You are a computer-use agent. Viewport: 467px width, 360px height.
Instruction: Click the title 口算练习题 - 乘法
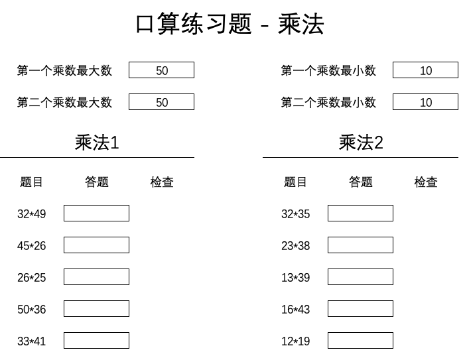(x=230, y=24)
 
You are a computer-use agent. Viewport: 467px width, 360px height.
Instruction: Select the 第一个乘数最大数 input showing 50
(x=161, y=70)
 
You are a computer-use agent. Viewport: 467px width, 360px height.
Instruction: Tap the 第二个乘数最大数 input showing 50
(x=161, y=102)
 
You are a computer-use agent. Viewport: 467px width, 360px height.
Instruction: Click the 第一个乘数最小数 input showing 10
(x=425, y=70)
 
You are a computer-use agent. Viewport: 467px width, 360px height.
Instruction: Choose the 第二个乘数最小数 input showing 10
(x=425, y=102)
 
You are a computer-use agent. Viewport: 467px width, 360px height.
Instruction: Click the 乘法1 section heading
(x=97, y=143)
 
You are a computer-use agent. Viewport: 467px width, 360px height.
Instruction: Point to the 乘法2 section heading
(x=361, y=143)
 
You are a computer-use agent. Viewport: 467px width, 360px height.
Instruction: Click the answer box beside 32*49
(x=96, y=213)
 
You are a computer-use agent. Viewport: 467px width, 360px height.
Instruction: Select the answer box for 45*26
(x=96, y=245)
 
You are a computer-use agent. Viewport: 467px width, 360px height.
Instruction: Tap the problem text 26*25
(x=32, y=278)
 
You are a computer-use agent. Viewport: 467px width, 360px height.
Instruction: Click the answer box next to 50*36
(x=96, y=309)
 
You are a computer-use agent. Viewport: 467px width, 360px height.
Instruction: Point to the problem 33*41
(x=32, y=341)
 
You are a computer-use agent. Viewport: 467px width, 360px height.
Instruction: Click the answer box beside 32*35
(x=360, y=213)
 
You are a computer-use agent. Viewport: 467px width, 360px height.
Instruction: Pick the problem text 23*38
(x=295, y=246)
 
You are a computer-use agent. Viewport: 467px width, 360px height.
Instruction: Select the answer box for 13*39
(x=360, y=277)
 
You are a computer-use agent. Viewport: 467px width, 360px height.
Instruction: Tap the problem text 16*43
(x=295, y=310)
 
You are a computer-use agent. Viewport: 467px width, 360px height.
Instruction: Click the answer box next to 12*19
(x=360, y=341)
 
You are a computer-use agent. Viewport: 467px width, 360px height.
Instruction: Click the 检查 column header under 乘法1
(x=162, y=182)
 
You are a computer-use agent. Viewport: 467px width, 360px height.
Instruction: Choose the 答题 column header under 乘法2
(x=361, y=182)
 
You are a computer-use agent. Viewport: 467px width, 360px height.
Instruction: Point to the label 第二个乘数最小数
(x=328, y=103)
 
